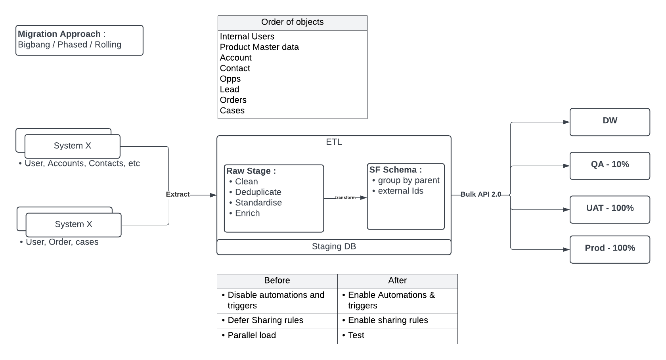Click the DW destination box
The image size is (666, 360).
pos(610,121)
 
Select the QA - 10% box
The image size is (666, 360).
pos(610,165)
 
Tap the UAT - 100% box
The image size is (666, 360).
pos(610,209)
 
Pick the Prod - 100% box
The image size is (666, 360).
pos(610,249)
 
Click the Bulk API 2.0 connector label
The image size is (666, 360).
pos(480,194)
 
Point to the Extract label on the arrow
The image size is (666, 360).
pos(178,194)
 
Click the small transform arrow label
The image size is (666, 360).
pos(345,197)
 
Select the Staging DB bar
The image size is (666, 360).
pos(334,247)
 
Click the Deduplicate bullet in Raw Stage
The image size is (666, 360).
pos(258,192)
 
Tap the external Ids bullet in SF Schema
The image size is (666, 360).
pos(400,191)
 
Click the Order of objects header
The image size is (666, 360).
pos(292,23)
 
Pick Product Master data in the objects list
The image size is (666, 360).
pos(259,47)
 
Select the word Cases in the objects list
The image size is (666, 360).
pos(232,111)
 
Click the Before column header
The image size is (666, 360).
pos(277,281)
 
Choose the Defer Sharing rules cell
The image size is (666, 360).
pos(265,320)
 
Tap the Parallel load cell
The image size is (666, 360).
pos(252,335)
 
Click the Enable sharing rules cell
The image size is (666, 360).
pos(388,320)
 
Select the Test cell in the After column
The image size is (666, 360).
pos(356,335)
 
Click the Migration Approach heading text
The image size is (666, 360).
pos(59,34)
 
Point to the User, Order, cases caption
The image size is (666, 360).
pos(62,242)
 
